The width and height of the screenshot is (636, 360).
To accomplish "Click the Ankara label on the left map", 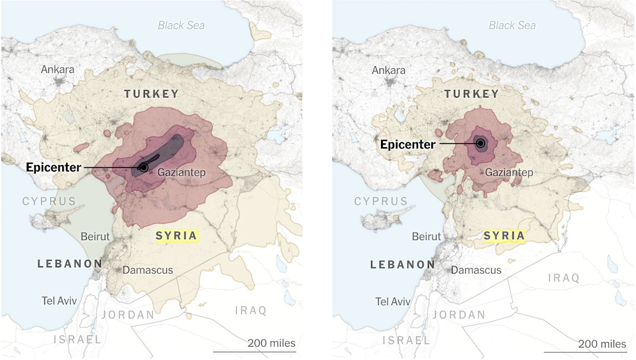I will click(58, 70).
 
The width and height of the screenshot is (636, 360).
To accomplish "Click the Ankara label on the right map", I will click(389, 70).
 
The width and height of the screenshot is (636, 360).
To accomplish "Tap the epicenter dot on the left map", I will click(144, 167).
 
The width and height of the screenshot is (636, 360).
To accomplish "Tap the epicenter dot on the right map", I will click(481, 143).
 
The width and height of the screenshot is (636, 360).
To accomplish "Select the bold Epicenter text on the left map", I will click(53, 167).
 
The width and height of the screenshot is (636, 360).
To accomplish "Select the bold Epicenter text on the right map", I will click(407, 144).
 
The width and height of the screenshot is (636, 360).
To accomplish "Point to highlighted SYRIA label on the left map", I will click(176, 235).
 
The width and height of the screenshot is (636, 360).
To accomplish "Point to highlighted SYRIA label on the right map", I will click(504, 235).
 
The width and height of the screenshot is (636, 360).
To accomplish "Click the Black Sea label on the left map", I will click(181, 25).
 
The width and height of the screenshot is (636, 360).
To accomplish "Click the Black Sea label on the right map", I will click(512, 25).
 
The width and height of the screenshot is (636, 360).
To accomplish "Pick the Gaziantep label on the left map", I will click(182, 172).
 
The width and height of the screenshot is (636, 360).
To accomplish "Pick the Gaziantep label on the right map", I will click(509, 172).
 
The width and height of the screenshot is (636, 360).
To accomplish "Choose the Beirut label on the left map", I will click(95, 236).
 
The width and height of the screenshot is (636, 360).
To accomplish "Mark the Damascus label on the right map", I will click(476, 270).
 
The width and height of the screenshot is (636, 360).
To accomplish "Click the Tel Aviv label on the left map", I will click(59, 300).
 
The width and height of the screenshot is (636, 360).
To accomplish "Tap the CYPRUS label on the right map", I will click(380, 201).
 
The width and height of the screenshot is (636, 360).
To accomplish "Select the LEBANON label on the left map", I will click(70, 264).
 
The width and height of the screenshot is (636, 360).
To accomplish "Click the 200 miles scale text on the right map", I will click(602, 343).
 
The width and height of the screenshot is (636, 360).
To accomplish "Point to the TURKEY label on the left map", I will click(151, 94).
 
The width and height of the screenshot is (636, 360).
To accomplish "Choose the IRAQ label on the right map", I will click(563, 278).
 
